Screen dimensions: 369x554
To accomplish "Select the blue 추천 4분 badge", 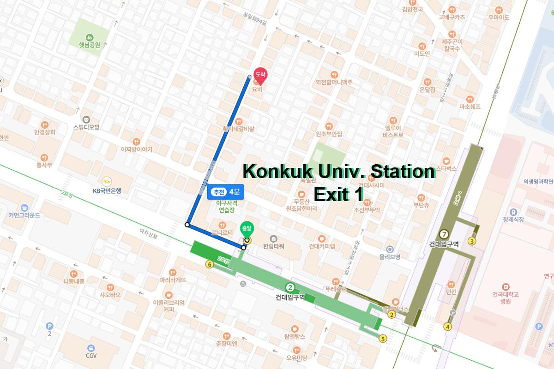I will [x=224, y=191].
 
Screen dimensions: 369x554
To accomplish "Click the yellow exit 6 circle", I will [x=210, y=264].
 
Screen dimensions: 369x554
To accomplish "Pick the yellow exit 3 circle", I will [x=472, y=241].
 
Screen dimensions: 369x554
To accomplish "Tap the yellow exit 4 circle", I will [x=447, y=327].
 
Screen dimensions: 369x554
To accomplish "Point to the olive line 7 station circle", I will [x=444, y=233].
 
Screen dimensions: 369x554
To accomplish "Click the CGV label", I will [x=91, y=356].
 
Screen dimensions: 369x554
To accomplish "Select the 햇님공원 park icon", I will [x=89, y=37].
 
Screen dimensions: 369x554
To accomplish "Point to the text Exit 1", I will [x=338, y=194].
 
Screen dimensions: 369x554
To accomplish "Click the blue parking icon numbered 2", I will [x=50, y=326].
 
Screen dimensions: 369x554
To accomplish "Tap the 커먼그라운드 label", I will [x=24, y=215].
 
